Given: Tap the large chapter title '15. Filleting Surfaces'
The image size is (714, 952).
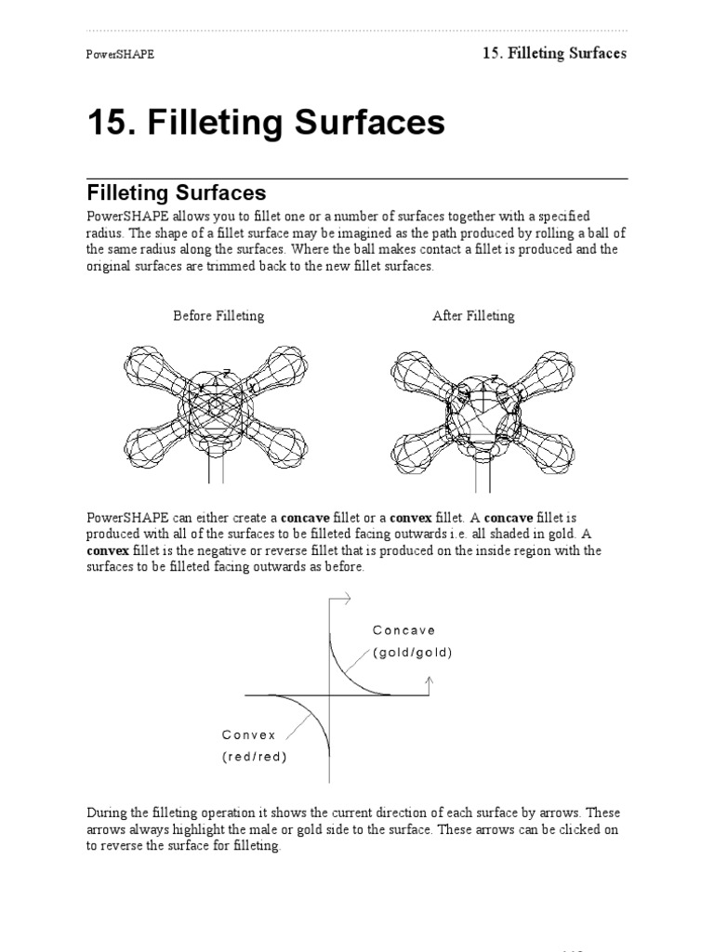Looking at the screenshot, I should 266,123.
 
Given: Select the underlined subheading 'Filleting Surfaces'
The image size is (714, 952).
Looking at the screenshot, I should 177,193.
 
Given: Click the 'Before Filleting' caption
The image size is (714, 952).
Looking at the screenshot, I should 218,316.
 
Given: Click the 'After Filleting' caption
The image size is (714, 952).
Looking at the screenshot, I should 473,316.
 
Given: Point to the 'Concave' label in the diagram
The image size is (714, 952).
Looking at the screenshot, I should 403,630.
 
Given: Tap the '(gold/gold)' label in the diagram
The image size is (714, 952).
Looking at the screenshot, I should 413,653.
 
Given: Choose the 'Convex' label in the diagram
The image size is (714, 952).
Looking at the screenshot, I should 249,734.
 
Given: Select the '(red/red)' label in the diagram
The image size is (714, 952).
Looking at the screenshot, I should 255,757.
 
